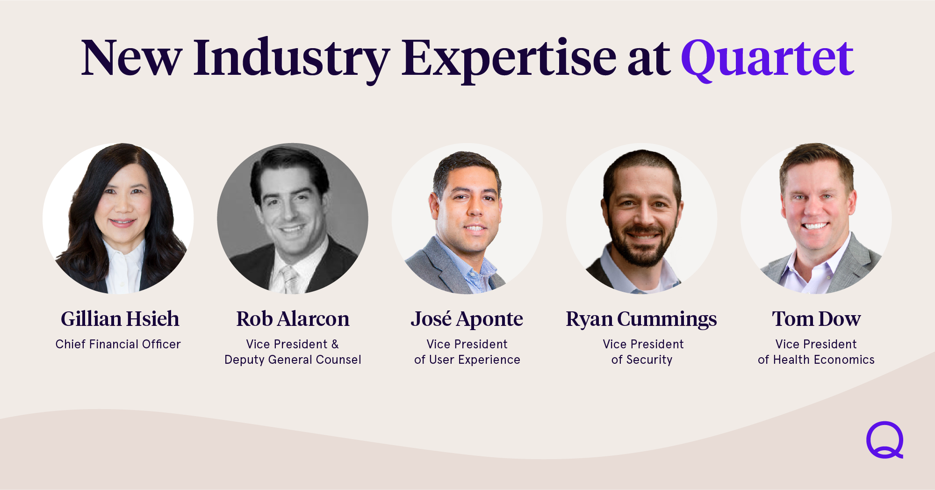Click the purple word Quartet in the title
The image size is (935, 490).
[767, 58]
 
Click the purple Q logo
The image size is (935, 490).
[885, 440]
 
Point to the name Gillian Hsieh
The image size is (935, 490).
[120, 319]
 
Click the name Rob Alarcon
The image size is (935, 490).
[293, 319]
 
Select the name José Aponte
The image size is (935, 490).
[467, 320]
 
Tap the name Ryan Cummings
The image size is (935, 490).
[641, 320]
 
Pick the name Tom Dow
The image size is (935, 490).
[816, 319]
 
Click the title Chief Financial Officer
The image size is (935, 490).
[118, 344]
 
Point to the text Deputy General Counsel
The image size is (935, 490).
[293, 360]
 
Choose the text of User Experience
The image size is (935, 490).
[467, 360]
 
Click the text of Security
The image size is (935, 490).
[641, 360]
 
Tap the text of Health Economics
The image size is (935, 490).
[816, 360]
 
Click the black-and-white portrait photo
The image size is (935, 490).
[293, 218]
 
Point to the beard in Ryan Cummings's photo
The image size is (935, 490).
[642, 245]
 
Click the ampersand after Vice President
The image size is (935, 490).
[335, 344]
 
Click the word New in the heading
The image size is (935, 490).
[131, 58]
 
